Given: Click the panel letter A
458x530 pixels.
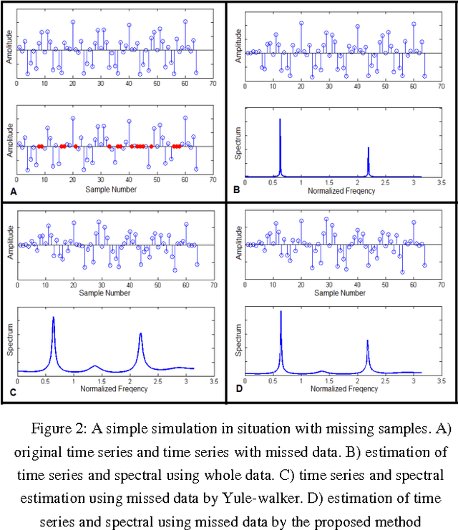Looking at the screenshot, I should (12, 192).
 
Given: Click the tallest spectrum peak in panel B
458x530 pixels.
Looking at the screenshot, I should (280, 120).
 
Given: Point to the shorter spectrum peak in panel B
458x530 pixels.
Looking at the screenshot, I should (368, 149).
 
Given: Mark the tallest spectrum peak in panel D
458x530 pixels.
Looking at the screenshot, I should (281, 312).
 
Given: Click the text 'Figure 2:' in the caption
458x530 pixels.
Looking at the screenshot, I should (54, 428).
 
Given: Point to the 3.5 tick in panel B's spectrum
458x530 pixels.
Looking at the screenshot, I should (441, 184).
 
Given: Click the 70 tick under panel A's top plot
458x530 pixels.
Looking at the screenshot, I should (213, 84).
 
